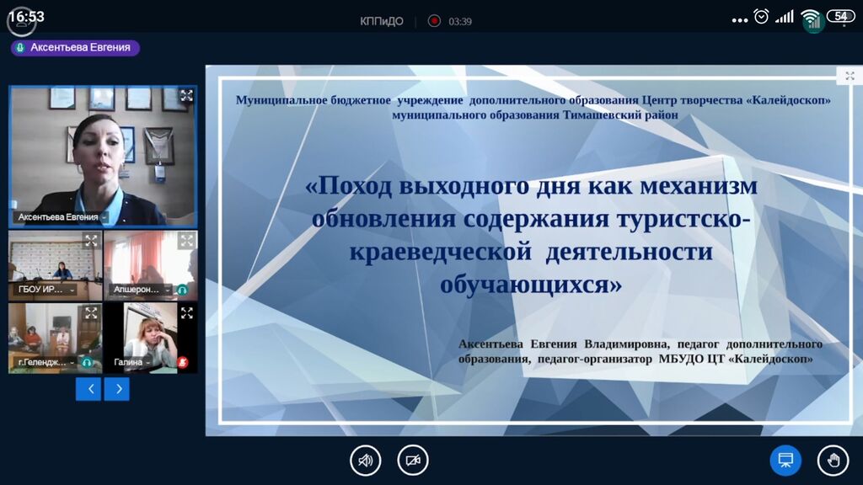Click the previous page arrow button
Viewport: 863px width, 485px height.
(88, 389)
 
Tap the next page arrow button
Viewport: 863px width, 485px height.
(116, 389)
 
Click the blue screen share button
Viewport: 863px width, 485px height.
(785, 460)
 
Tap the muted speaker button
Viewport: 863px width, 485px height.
(366, 460)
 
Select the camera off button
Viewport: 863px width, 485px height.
(413, 460)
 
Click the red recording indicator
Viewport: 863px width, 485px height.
(434, 21)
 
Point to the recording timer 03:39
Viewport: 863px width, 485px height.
(460, 21)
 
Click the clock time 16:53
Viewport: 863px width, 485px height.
(26, 17)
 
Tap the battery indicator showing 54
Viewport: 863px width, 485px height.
(841, 17)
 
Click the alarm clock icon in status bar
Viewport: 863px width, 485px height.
(761, 17)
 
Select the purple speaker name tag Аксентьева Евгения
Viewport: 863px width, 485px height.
(75, 48)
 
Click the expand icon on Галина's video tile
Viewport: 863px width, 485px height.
(186, 313)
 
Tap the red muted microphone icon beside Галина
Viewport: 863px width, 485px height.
(183, 362)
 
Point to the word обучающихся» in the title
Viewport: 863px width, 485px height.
(531, 285)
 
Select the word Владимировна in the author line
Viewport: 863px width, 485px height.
(626, 344)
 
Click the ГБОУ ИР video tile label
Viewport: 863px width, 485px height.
(40, 290)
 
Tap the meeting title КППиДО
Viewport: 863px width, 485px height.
(382, 21)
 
